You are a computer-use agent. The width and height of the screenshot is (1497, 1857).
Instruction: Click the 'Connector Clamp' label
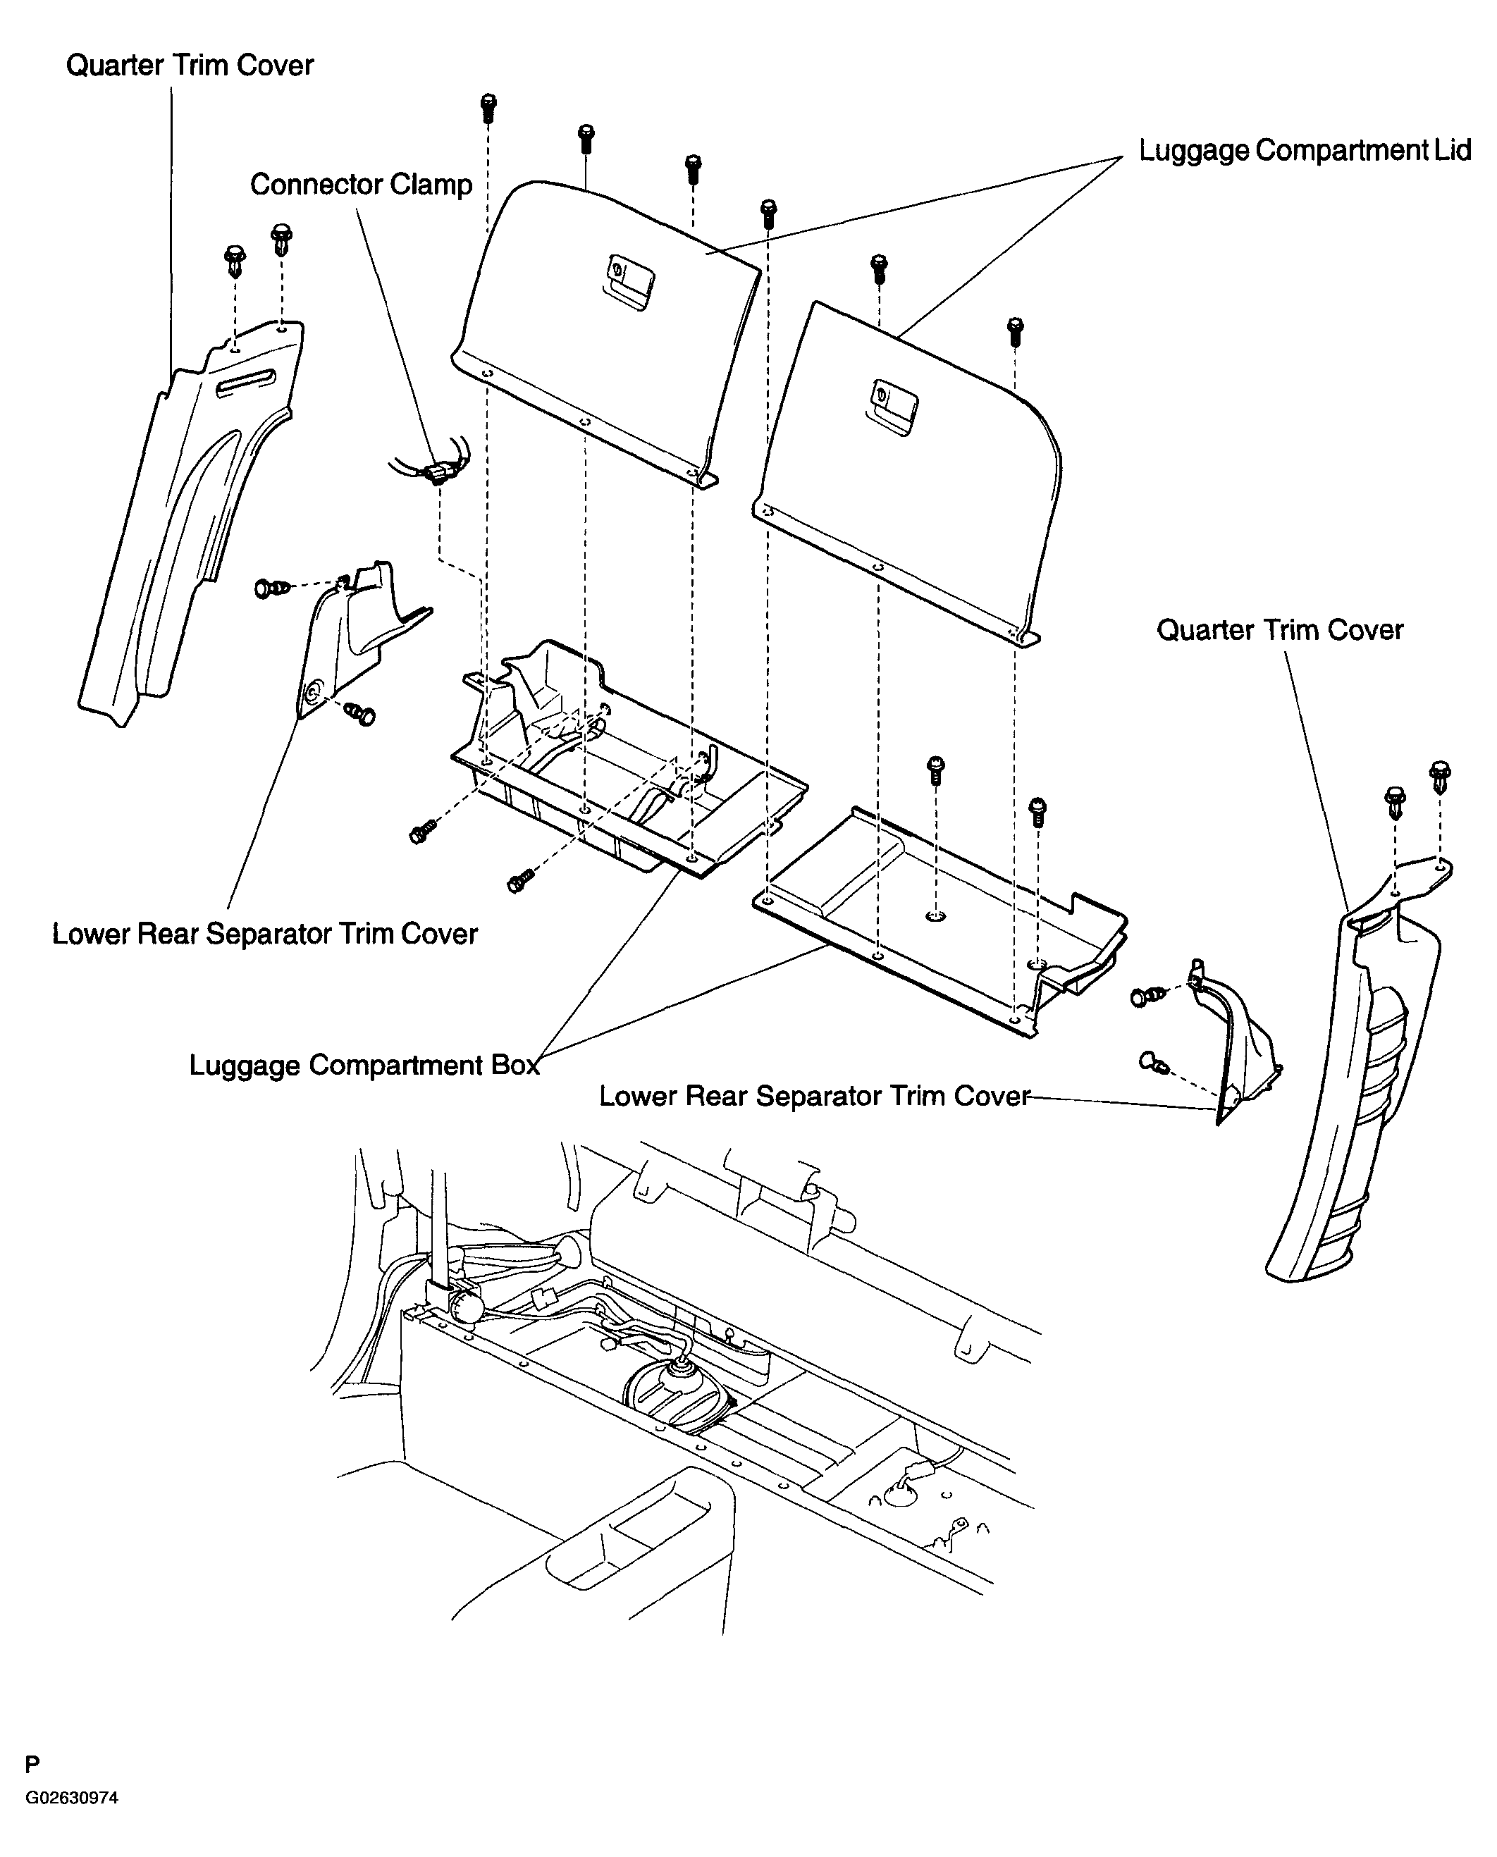360,185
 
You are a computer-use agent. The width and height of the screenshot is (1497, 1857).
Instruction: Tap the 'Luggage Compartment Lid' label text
1304,150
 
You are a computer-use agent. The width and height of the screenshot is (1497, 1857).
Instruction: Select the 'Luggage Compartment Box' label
364,1066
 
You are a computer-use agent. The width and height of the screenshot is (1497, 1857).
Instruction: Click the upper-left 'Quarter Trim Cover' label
190,66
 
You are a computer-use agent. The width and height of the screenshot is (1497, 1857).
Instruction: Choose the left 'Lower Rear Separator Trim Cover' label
265,934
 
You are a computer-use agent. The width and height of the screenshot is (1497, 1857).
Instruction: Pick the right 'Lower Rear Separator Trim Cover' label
814,1097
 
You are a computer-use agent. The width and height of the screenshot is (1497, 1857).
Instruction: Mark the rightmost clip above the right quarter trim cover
1439,775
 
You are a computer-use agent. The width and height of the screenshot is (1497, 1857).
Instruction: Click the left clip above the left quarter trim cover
235,259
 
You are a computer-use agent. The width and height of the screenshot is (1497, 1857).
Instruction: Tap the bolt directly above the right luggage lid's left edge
768,212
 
